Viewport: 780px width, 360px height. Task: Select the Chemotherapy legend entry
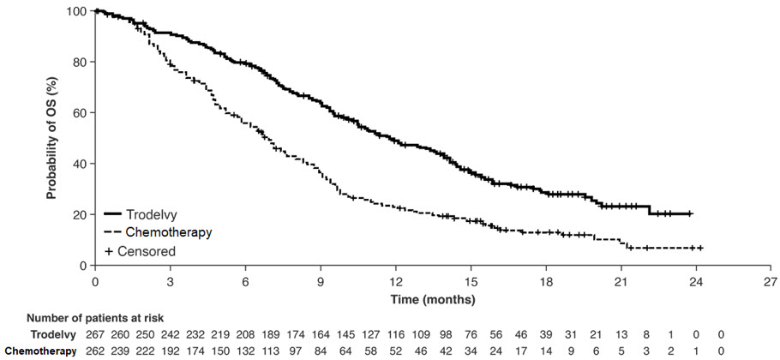159,232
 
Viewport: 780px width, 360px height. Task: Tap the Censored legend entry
140,252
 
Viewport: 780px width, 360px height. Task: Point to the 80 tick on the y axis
93,63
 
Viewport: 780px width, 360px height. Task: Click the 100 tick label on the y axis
80,11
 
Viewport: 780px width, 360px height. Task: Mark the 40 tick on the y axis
93,164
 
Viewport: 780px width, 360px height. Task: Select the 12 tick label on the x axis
396,280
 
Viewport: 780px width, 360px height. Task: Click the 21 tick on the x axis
621,268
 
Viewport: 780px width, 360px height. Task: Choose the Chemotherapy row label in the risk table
41,351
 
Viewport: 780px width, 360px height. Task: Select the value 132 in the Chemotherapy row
245,351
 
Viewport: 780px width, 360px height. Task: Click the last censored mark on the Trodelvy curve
690,213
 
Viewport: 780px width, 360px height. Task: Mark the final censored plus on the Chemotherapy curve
700,248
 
